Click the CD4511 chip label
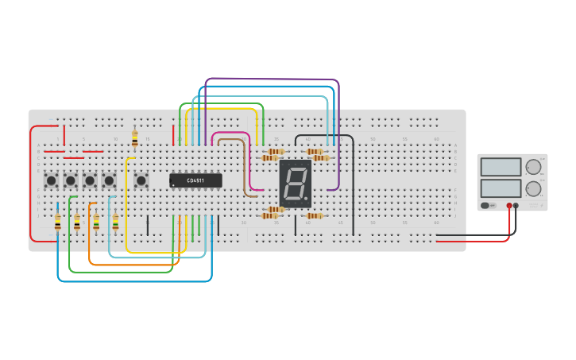195,180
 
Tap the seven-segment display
295,184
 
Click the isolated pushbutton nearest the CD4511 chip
141,180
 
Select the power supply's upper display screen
501,167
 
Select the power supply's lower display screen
501,188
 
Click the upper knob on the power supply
532,167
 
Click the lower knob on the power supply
532,188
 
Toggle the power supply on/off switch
486,205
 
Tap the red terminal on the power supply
509,205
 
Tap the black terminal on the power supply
516,205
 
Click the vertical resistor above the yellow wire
134,139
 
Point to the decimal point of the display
307,198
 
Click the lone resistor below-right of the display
315,215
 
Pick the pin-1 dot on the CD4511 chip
173,185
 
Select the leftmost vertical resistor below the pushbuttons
57,223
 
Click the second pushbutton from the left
71,180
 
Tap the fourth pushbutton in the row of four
109,180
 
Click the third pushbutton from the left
90,180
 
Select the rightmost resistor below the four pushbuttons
115,222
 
